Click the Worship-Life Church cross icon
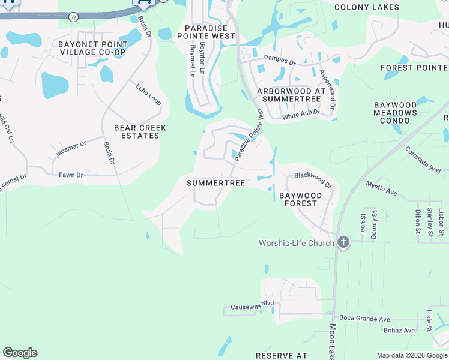click(343, 243)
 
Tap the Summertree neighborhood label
click(215, 183)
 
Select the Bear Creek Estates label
click(140, 132)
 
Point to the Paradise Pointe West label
click(210, 32)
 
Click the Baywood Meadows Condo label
click(395, 113)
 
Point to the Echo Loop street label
click(148, 94)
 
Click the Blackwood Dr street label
click(312, 179)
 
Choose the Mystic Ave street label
click(382, 188)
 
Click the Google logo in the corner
click(20, 353)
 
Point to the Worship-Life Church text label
click(296, 243)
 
